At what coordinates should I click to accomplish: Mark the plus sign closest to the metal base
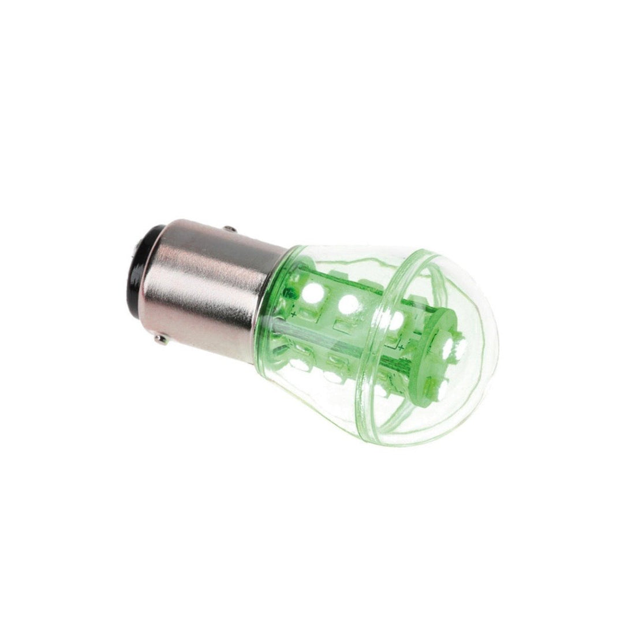pyautogui.click(x=295, y=315)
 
